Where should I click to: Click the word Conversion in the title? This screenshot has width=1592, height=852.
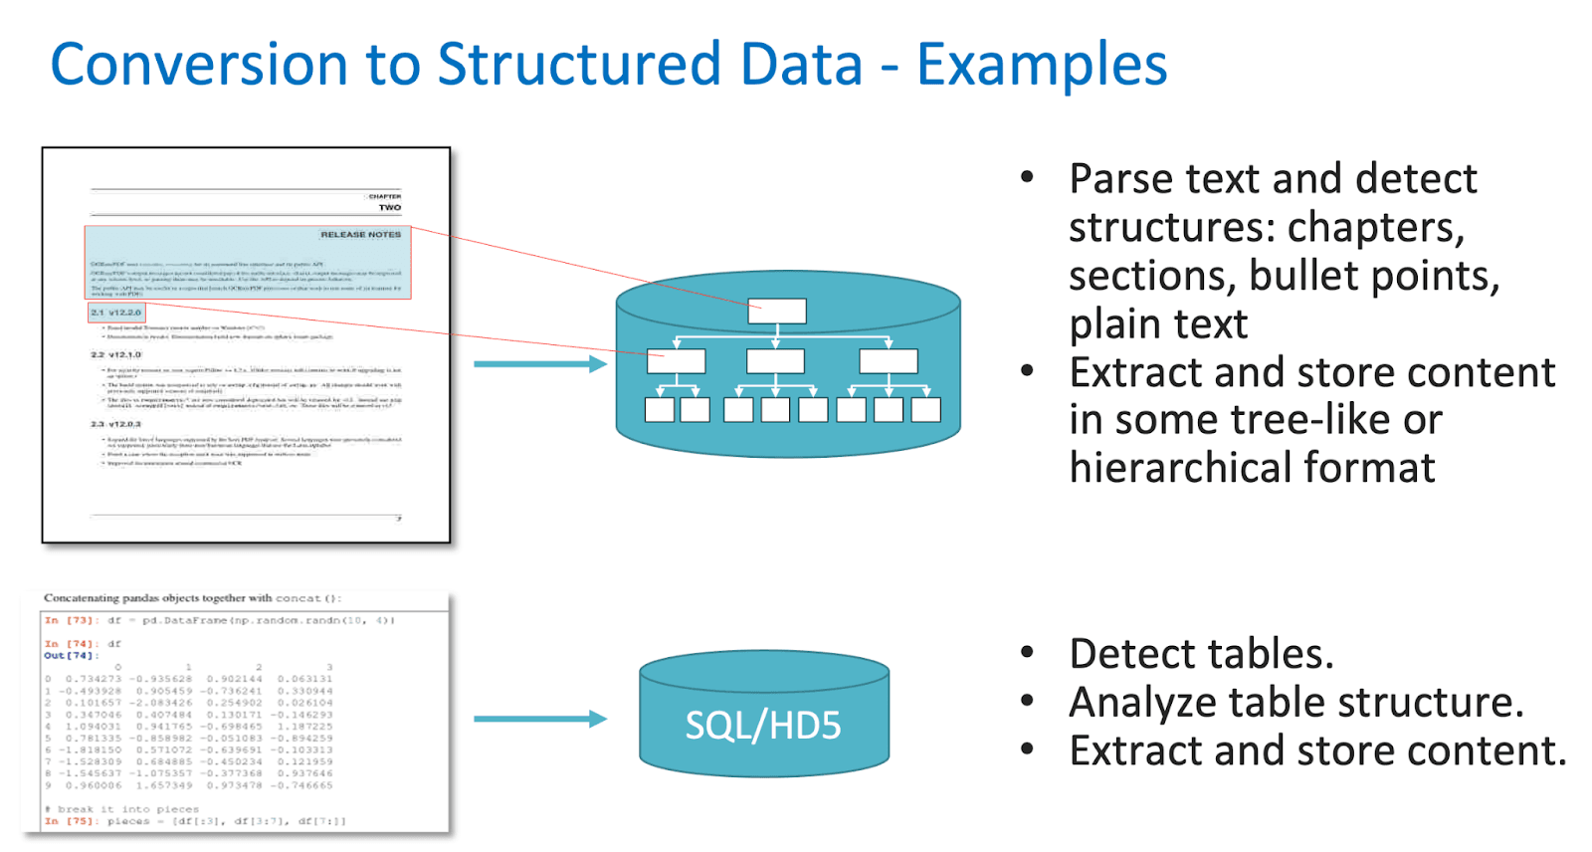pos(199,66)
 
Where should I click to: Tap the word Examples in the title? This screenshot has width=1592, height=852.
pos(1041,66)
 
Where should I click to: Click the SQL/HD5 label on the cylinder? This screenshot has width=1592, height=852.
pos(763,726)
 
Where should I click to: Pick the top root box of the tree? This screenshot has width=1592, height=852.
pos(777,312)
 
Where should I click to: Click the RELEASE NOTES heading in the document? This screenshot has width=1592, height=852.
pos(360,235)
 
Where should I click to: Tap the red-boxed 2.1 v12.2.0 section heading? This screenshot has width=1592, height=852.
pos(116,313)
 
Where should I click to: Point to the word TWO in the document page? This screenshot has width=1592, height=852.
pos(390,208)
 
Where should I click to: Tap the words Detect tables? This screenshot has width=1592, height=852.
pos(1201,654)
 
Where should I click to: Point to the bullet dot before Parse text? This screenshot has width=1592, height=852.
pos(1028,179)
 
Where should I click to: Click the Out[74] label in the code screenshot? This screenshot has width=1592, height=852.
pos(68,656)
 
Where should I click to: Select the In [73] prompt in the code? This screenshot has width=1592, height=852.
pos(68,620)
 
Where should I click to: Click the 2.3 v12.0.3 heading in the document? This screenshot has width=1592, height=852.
pos(116,424)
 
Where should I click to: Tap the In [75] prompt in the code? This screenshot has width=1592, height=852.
pos(68,821)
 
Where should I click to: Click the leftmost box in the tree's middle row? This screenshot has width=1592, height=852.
pos(677,361)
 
